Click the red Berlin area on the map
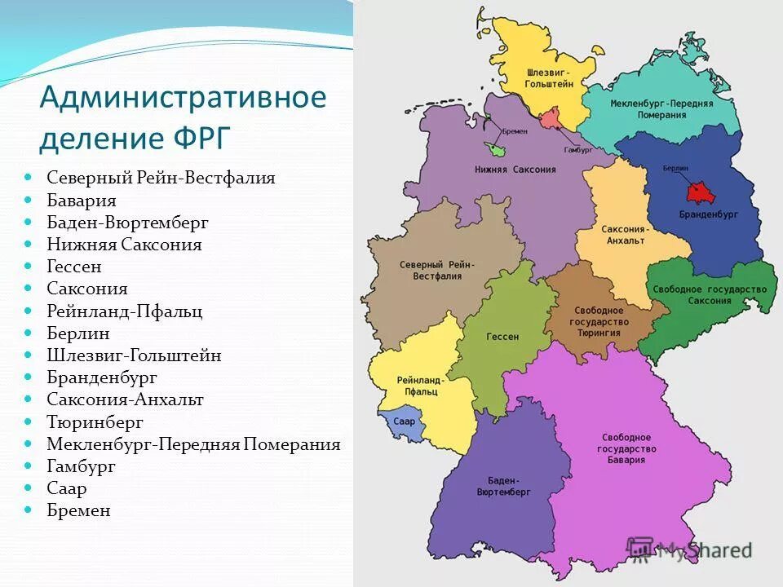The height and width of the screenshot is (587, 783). click(x=698, y=192)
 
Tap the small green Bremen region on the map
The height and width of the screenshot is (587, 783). click(x=494, y=149)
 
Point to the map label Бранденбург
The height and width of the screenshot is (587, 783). click(x=697, y=215)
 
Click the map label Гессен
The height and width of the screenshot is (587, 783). click(x=502, y=337)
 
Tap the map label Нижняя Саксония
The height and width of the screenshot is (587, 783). click(x=515, y=170)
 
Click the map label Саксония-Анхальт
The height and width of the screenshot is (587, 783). click(x=623, y=235)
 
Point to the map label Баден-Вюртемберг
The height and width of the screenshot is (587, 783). click(x=504, y=487)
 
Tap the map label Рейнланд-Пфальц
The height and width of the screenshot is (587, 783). click(x=420, y=386)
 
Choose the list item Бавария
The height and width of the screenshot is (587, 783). click(x=81, y=201)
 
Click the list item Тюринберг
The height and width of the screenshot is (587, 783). click(x=95, y=422)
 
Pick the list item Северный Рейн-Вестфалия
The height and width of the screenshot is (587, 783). click(x=161, y=178)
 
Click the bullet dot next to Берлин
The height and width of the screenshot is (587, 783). click(x=28, y=333)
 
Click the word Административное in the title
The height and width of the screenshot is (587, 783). click(x=183, y=98)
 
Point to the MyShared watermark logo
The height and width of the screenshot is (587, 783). click(x=688, y=549)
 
